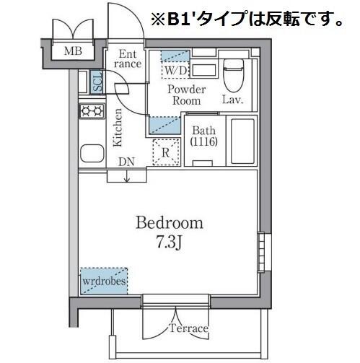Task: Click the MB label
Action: point(73,51)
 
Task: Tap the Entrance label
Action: point(128,58)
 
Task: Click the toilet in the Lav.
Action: point(233,75)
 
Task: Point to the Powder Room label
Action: point(187,95)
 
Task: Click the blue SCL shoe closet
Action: point(97,82)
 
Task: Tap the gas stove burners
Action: point(92,111)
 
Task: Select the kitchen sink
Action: point(92,153)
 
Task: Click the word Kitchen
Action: point(118,128)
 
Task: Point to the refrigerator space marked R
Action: point(166,152)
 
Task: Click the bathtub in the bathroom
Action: point(242,141)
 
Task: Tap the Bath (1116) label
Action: point(204,136)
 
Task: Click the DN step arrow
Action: point(127,178)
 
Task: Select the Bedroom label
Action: point(170,223)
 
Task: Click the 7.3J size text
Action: point(169,242)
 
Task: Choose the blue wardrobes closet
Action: point(104,281)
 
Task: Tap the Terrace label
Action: point(188,328)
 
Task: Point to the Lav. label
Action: point(232,100)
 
